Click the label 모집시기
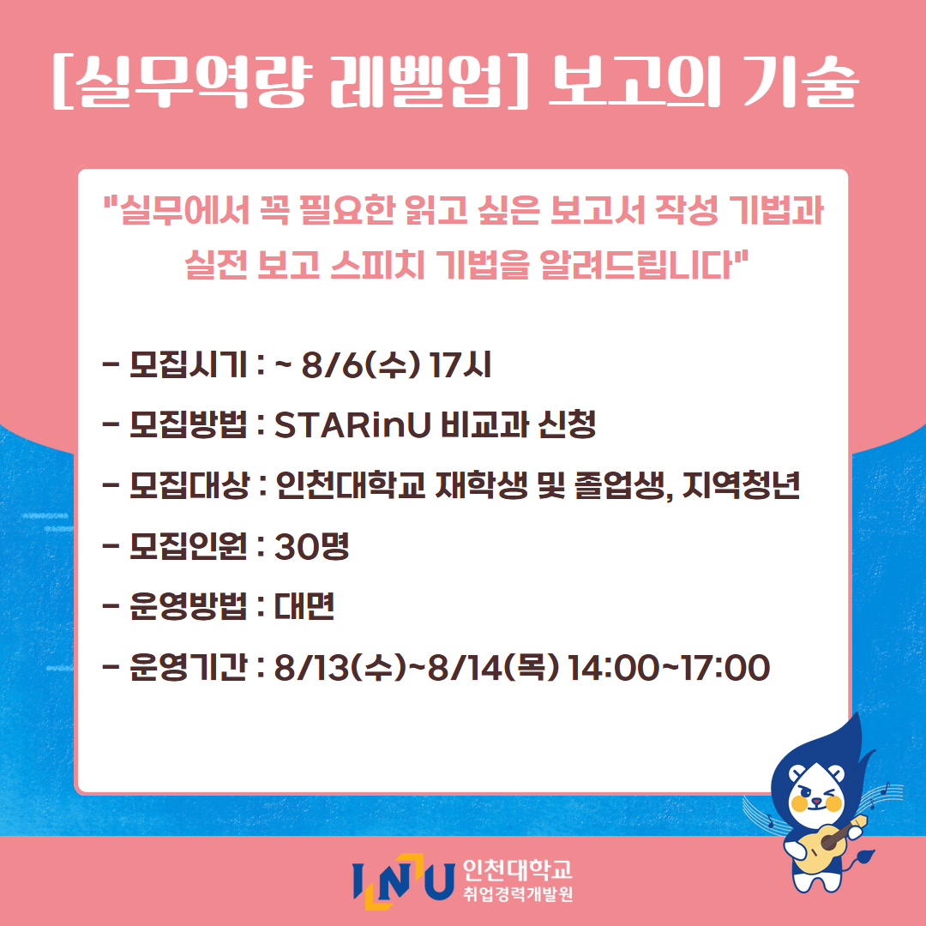188,365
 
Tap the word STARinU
353,425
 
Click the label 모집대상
189,485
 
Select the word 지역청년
741,485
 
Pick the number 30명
312,546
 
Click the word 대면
304,606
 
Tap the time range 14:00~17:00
669,668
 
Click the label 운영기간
188,668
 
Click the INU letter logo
404,881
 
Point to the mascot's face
815,794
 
